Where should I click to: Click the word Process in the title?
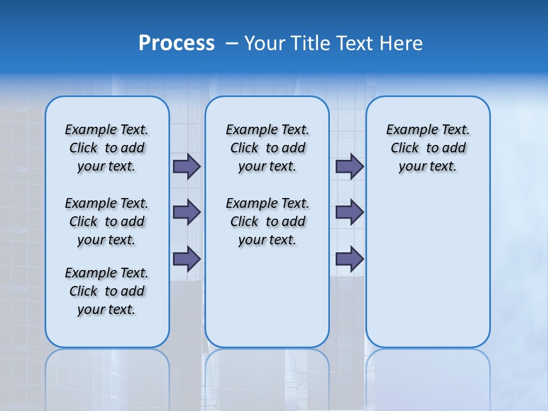tap(176, 43)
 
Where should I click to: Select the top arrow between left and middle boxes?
tap(187, 167)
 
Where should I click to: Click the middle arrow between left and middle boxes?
tap(187, 212)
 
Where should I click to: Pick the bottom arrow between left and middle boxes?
tap(187, 259)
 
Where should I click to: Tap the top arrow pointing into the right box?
tap(349, 167)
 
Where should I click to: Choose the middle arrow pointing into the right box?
tap(349, 212)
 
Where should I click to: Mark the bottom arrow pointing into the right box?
tap(349, 259)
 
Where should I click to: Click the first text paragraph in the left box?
tap(107, 148)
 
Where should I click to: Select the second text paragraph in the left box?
tap(107, 221)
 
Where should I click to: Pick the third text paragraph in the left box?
tap(107, 291)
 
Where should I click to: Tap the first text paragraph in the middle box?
tap(267, 148)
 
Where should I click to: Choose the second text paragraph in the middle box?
tap(267, 221)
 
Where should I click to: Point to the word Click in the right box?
tap(405, 148)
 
